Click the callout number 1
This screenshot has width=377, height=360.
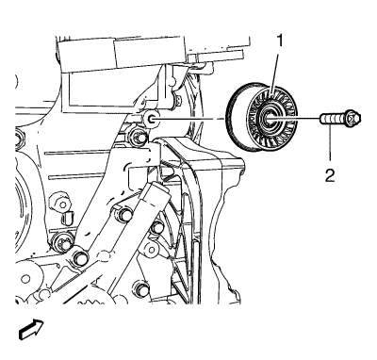pyautogui.click(x=279, y=41)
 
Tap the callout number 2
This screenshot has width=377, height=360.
pyautogui.click(x=330, y=175)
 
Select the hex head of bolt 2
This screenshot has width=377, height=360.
pyautogui.click(x=353, y=119)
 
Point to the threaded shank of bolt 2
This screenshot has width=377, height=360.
pyautogui.click(x=333, y=120)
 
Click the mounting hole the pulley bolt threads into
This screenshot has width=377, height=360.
pyautogui.click(x=151, y=119)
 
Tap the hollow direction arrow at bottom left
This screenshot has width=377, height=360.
pyautogui.click(x=31, y=329)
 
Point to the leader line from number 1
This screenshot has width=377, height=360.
pyautogui.click(x=275, y=73)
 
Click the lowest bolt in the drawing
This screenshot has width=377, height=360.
pyautogui.click(x=141, y=288)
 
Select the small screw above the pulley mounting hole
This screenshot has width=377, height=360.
pyautogui.click(x=177, y=100)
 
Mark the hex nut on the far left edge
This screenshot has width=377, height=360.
pyautogui.click(x=20, y=138)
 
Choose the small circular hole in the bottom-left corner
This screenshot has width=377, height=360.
pyautogui.click(x=25, y=279)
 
